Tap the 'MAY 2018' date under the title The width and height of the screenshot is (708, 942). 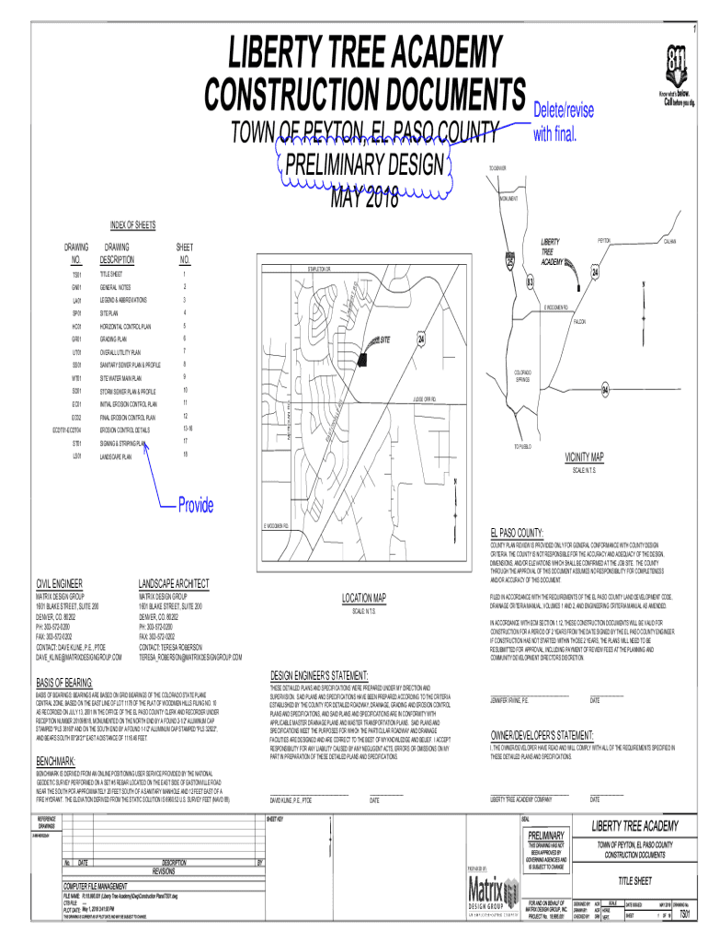click(x=363, y=198)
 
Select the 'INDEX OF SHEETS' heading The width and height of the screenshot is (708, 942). click(x=132, y=225)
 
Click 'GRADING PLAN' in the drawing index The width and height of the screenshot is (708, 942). click(x=120, y=339)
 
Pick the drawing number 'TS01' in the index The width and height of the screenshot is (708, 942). click(x=77, y=274)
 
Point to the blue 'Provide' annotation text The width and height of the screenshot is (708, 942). click(x=196, y=505)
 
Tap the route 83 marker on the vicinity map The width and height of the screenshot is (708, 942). click(x=531, y=281)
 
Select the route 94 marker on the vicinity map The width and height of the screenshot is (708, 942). click(x=605, y=391)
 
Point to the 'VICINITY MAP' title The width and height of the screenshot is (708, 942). click(x=584, y=458)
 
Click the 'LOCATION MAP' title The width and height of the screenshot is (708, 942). click(x=364, y=598)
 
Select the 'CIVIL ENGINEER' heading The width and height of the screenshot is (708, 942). click(x=60, y=584)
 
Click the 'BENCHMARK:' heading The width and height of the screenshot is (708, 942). click(x=55, y=762)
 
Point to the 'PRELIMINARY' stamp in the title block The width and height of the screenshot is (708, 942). click(x=546, y=834)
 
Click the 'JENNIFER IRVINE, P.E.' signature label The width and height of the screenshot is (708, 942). click(x=510, y=700)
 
